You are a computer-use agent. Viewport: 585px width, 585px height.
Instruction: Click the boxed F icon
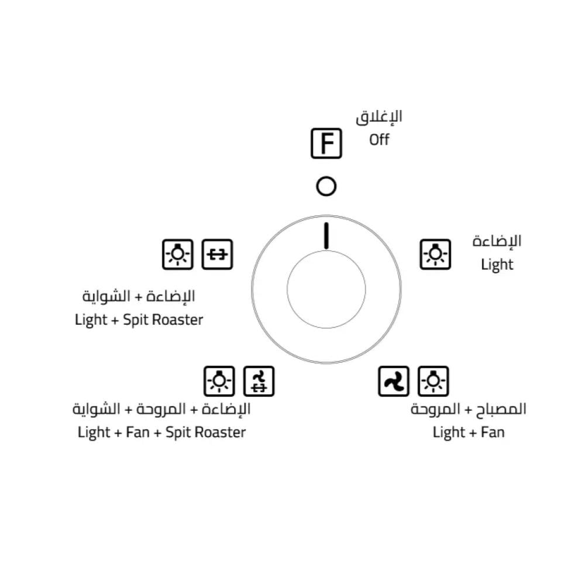pos(326,143)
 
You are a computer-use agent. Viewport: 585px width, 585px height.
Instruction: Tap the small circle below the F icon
pos(326,187)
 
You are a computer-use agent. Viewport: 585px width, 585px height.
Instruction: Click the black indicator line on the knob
pos(326,236)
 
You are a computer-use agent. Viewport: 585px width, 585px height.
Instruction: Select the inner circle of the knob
pos(326,289)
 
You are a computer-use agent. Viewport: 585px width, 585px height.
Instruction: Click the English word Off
pos(379,140)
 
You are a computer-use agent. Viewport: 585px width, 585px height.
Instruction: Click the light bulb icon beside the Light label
pos(435,254)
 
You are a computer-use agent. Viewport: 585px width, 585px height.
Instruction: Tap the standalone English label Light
pos(497,264)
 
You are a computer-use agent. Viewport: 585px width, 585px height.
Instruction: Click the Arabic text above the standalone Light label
pos(497,241)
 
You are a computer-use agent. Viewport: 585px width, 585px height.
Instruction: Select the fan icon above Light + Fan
pos(393,381)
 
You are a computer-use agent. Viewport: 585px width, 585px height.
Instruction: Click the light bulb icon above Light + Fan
pos(433,381)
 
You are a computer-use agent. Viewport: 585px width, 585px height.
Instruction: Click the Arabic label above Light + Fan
pos(468,409)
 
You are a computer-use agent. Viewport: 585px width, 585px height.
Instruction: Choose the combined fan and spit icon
pos(259,381)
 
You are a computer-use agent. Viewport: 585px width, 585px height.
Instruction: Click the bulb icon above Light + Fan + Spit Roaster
pos(219,381)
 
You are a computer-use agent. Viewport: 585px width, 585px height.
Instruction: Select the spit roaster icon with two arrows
pos(217,254)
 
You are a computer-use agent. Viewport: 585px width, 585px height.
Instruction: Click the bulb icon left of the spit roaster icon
pos(177,254)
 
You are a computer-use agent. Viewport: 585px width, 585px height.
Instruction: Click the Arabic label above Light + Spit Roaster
pos(139,297)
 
